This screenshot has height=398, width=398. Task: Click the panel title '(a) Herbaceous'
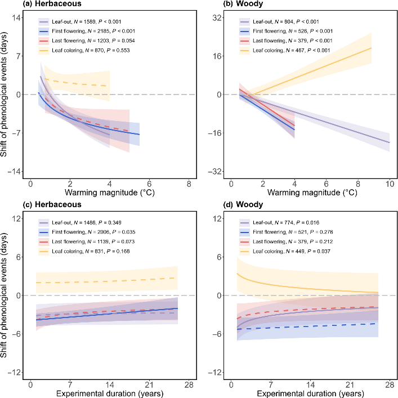pos(27,4)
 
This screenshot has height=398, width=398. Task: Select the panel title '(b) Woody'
pos(223,4)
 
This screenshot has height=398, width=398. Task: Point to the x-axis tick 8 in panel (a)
pos(189,184)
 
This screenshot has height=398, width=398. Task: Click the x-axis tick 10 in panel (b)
pos(390,184)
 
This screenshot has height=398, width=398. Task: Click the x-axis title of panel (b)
pos(310,193)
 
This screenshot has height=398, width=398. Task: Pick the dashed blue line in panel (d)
pos(310,326)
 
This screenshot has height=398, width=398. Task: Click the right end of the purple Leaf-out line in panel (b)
pos(389,142)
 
